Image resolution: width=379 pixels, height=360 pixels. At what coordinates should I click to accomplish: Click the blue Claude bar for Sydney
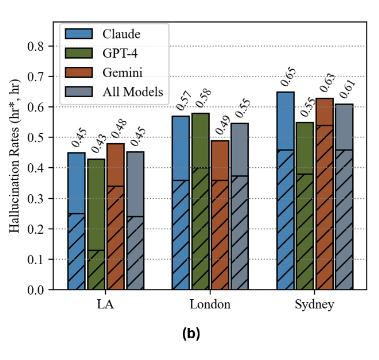(x=285, y=190)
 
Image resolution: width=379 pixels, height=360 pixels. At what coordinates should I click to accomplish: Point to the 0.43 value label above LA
(x=98, y=142)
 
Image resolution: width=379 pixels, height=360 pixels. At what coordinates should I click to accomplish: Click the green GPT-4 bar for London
(x=200, y=201)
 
